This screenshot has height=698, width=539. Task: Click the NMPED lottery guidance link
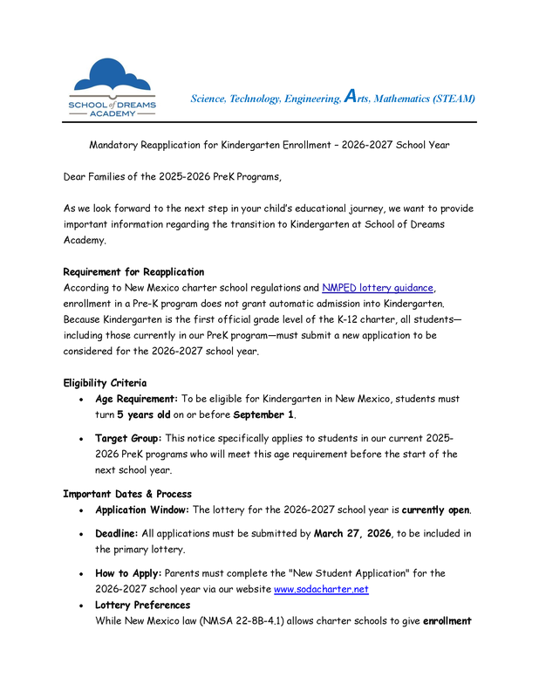point(377,287)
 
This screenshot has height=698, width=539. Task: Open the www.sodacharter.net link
point(320,589)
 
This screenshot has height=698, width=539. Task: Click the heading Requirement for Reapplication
point(133,271)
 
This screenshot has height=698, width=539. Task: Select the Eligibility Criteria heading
point(105,382)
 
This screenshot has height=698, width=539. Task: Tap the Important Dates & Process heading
point(127,494)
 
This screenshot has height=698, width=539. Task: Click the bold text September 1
point(263,414)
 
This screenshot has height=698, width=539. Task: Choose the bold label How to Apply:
point(127,573)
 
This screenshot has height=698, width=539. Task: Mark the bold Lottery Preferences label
point(142,605)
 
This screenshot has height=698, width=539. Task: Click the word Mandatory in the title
point(116,144)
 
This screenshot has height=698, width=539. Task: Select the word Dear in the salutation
point(76,176)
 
